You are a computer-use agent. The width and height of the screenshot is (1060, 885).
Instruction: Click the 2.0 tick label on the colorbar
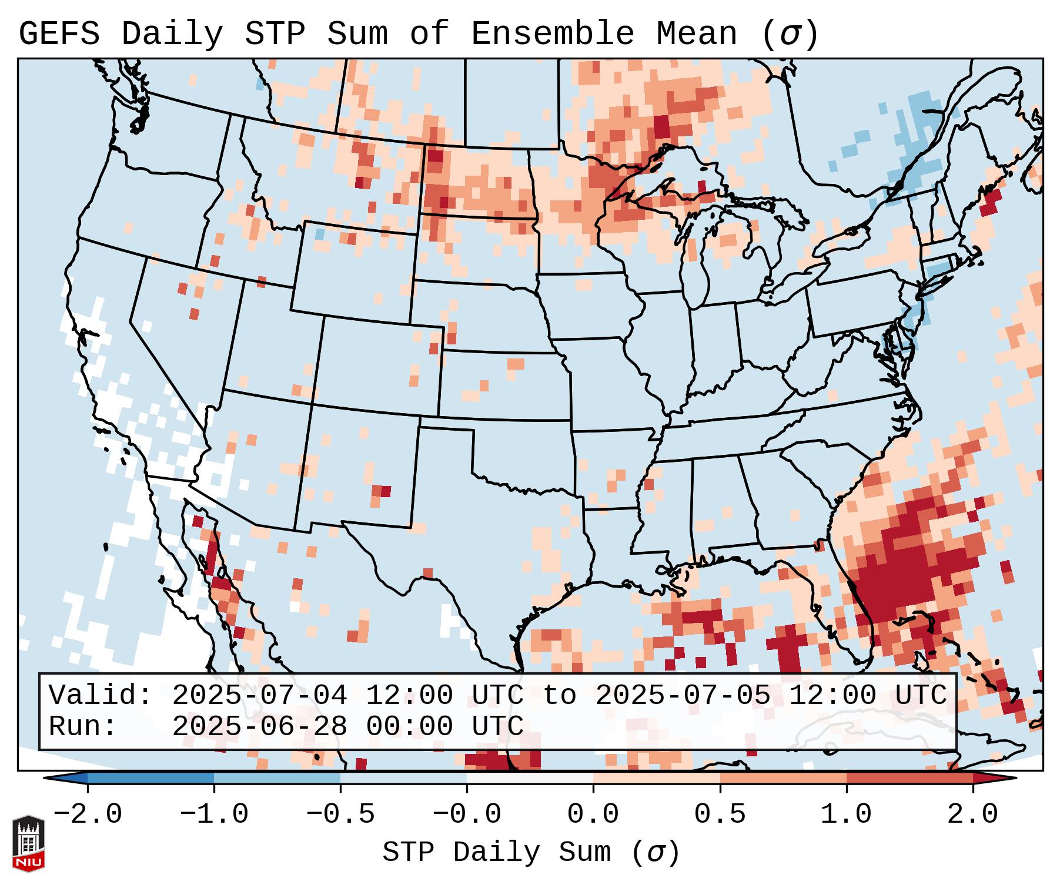coord(972,814)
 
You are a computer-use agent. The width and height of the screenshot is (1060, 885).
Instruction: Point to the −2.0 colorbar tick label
coord(88,814)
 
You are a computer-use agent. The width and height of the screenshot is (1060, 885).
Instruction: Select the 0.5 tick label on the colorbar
coord(720,814)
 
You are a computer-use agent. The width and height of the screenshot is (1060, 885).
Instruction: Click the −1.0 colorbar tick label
coord(214,814)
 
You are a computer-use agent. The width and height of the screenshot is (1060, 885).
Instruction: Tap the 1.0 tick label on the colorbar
coord(846,814)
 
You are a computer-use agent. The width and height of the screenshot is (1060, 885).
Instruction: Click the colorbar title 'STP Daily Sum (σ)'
coord(531,853)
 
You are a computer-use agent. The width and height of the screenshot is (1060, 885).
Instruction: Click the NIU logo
coord(28,843)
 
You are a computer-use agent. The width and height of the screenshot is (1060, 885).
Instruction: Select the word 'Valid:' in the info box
coord(101,695)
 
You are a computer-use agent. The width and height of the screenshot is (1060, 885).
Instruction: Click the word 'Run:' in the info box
coord(83,726)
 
